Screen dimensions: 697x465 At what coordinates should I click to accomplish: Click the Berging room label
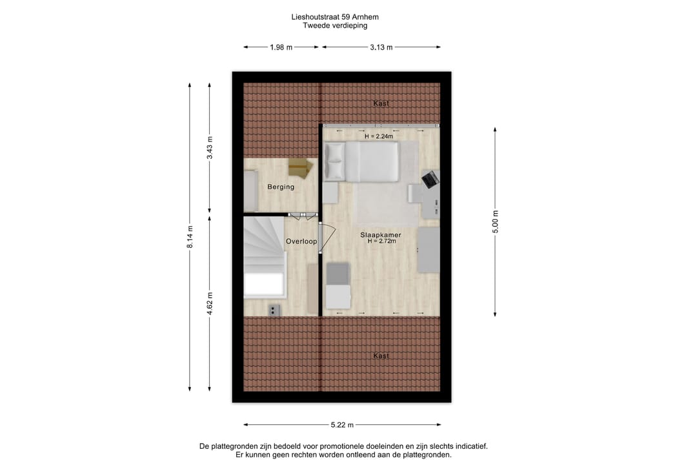coord(281,187)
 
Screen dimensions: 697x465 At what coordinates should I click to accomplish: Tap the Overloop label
coord(301,241)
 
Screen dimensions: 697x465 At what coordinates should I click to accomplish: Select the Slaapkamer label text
coord(381,234)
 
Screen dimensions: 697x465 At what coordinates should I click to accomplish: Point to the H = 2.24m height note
coord(379,136)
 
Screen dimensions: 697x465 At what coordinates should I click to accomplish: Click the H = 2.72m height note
coord(381,241)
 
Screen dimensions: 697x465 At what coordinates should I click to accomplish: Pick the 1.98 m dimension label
coord(281,47)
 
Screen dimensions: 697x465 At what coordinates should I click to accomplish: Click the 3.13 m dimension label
coord(381,47)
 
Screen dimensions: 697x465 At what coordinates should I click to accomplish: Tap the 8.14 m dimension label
coord(190,237)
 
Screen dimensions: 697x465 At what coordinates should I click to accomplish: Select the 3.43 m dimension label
coord(209,148)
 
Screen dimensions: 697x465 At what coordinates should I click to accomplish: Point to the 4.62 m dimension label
coord(209,304)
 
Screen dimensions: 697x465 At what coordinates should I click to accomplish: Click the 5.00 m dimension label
coord(496,222)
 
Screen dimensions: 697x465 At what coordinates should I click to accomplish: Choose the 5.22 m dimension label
coord(342,425)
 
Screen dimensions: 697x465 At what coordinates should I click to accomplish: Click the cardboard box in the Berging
coord(301,169)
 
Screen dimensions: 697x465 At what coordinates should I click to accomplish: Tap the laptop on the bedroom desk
coord(430,178)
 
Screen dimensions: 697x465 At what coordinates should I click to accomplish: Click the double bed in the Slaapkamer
coord(361,161)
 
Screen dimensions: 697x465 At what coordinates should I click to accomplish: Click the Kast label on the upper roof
coord(381,103)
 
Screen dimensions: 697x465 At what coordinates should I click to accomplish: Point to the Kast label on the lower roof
coord(381,356)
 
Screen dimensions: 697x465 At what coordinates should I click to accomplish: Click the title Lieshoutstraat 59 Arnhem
coord(335,17)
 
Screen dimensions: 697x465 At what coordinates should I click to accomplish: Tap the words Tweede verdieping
coord(335,25)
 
